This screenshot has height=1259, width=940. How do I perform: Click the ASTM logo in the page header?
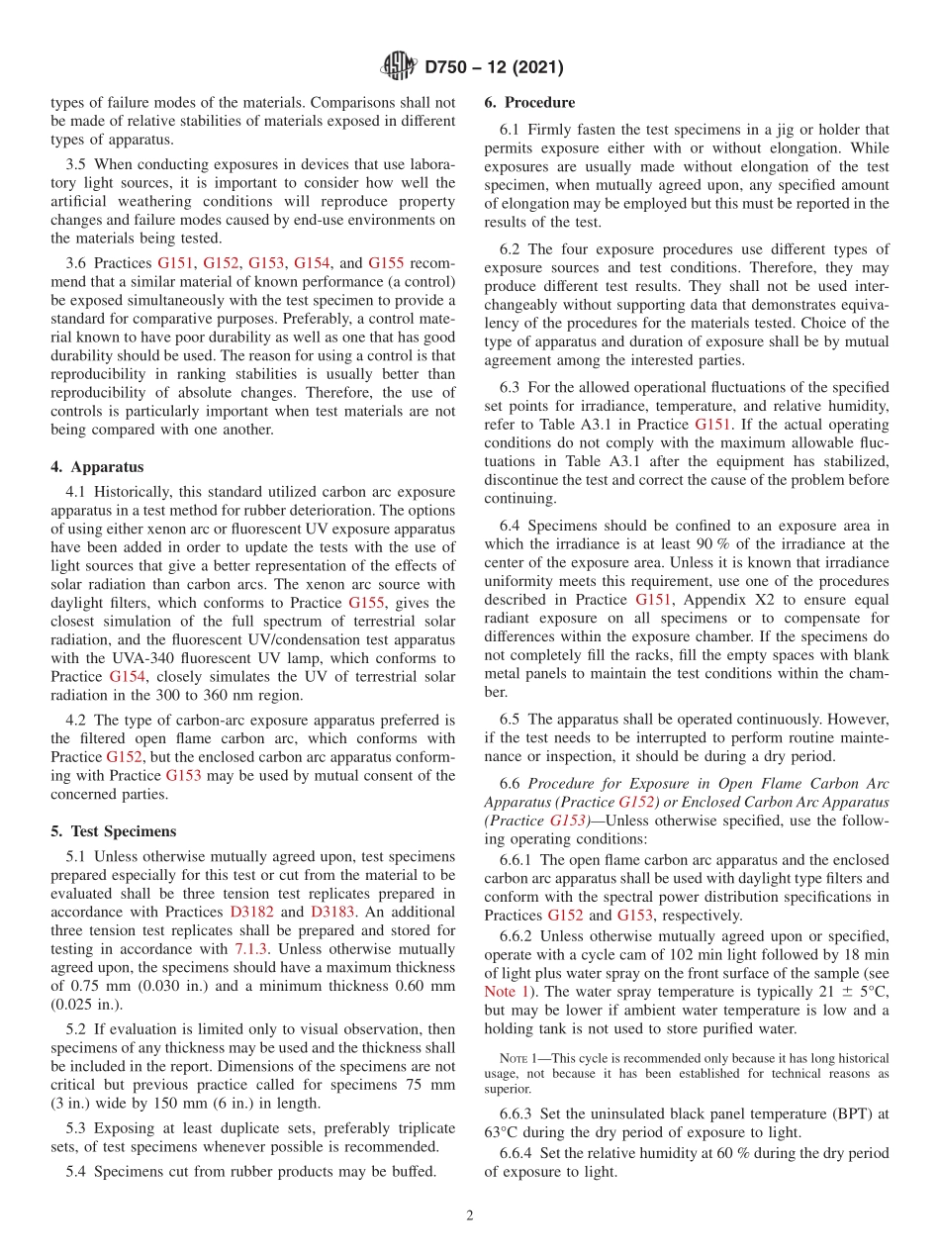coord(398,67)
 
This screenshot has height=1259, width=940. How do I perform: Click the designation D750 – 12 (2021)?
coord(494,68)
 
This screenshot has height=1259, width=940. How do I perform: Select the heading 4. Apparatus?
coord(97,466)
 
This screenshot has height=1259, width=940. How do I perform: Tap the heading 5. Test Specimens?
coord(114,830)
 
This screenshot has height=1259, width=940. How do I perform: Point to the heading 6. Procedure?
coord(529,102)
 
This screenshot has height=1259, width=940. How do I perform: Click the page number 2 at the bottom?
coord(470,1215)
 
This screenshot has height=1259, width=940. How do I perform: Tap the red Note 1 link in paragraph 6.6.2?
coord(506,991)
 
